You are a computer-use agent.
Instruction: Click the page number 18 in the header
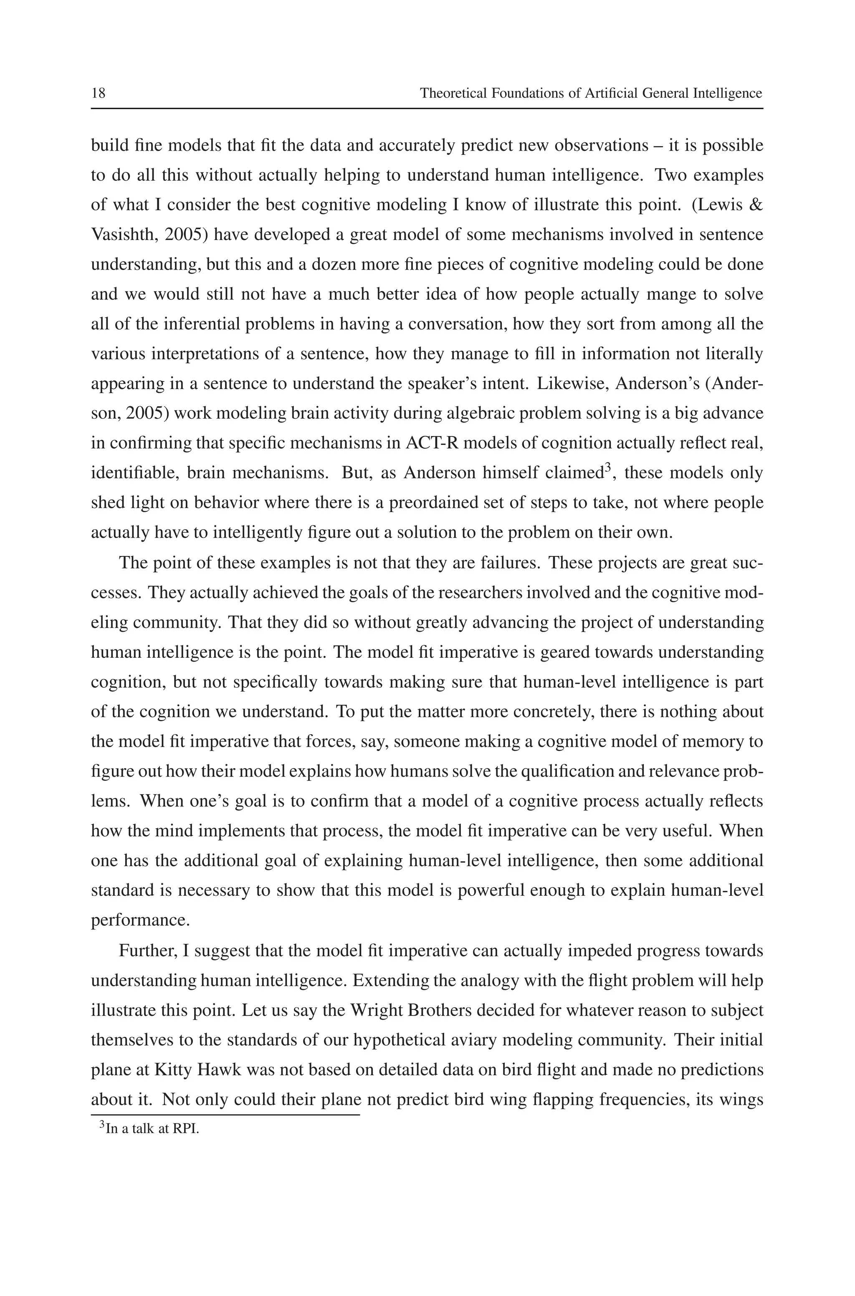[x=98, y=93]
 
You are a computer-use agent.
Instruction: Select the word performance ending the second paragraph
[x=140, y=920]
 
